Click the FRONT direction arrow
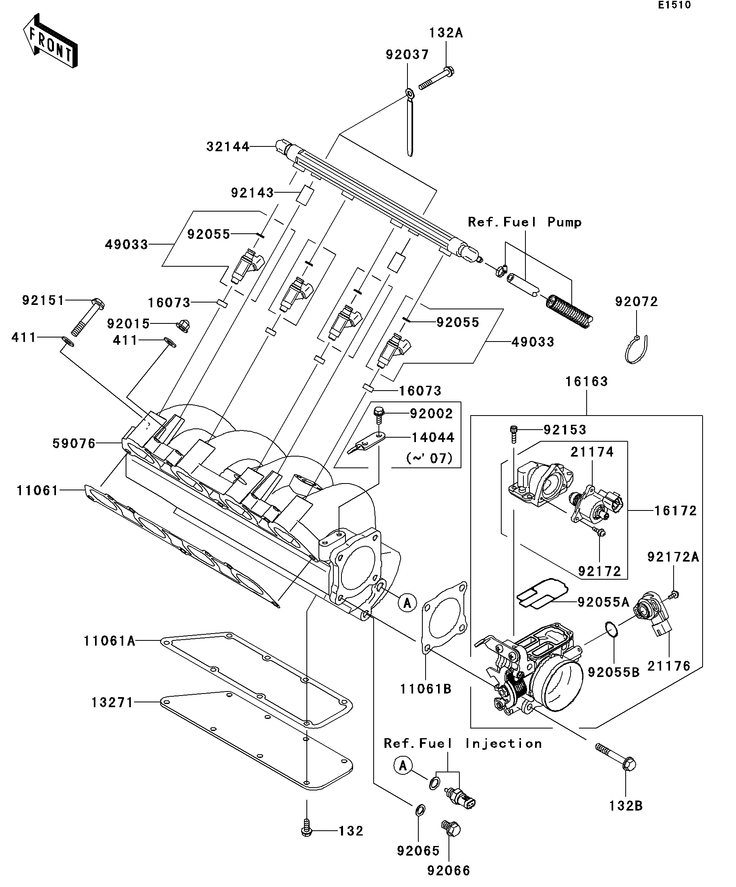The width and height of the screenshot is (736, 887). pyautogui.click(x=50, y=41)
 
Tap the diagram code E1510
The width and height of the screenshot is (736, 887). pyautogui.click(x=674, y=5)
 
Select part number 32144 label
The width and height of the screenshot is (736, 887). pyautogui.click(x=228, y=146)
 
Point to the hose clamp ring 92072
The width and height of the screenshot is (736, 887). pyautogui.click(x=636, y=349)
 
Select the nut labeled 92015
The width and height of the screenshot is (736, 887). pyautogui.click(x=182, y=326)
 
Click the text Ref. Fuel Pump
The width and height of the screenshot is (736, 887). pyautogui.click(x=525, y=222)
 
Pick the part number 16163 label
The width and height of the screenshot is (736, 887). pyautogui.click(x=586, y=381)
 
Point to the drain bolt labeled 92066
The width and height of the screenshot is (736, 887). pyautogui.click(x=451, y=829)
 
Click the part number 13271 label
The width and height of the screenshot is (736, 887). pyautogui.click(x=112, y=702)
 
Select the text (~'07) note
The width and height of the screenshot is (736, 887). pyautogui.click(x=430, y=458)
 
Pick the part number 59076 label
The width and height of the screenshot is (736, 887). pyautogui.click(x=74, y=443)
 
